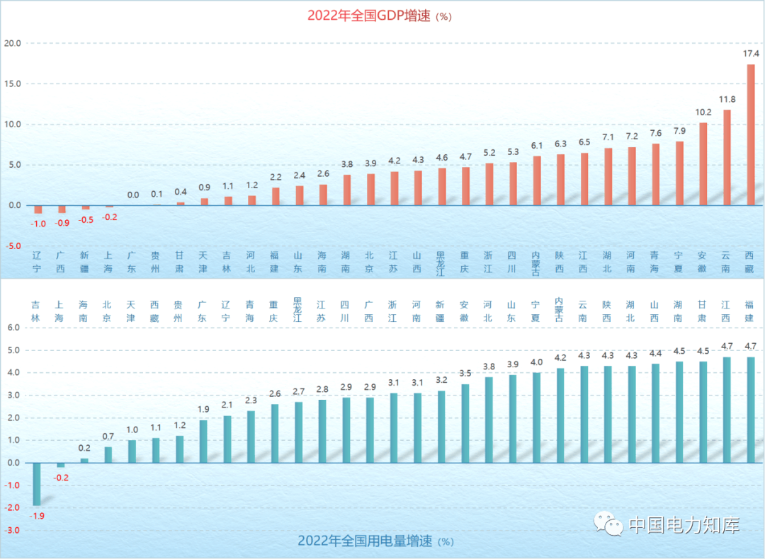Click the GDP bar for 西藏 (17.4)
tap(751, 135)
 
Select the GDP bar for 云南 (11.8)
tap(727, 158)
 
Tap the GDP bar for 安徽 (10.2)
tap(703, 164)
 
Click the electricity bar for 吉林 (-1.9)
tap(37, 484)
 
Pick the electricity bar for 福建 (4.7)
tap(751, 410)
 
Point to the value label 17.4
tap(751, 54)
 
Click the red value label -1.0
tap(38, 224)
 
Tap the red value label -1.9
tap(37, 516)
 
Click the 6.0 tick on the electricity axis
tap(14, 328)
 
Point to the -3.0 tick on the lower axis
tap(13, 530)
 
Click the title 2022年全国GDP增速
tap(368, 16)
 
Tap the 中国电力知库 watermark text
tap(684, 526)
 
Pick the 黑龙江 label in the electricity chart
tap(297, 309)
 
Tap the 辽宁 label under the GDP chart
tap(37, 262)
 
